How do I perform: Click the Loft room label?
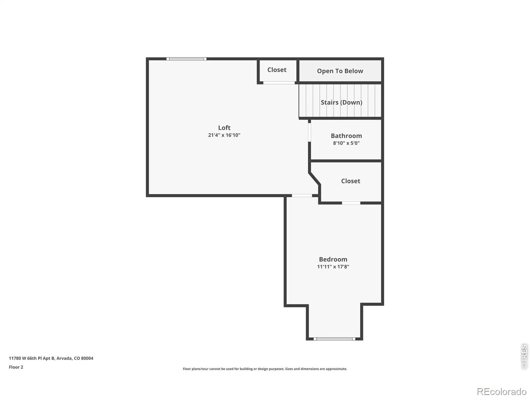(x=224, y=128)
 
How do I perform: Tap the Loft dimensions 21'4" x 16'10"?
(x=224, y=135)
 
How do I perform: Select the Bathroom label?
(x=346, y=136)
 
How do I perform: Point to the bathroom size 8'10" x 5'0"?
(x=346, y=143)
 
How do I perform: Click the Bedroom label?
(x=333, y=259)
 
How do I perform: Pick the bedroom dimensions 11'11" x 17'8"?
(x=333, y=267)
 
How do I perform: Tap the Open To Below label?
(x=340, y=71)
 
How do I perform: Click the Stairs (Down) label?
(x=341, y=102)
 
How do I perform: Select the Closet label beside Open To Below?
(x=277, y=70)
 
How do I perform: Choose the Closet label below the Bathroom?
(x=350, y=181)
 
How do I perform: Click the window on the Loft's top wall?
(x=186, y=59)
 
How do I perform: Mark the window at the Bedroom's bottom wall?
(x=334, y=339)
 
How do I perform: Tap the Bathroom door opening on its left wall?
(x=309, y=132)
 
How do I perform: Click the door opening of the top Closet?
(x=279, y=83)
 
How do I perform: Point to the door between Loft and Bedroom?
(x=302, y=195)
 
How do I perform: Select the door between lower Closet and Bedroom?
(x=351, y=203)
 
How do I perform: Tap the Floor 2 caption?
(x=16, y=367)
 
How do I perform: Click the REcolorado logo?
(x=502, y=391)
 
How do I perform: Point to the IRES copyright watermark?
(x=524, y=356)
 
